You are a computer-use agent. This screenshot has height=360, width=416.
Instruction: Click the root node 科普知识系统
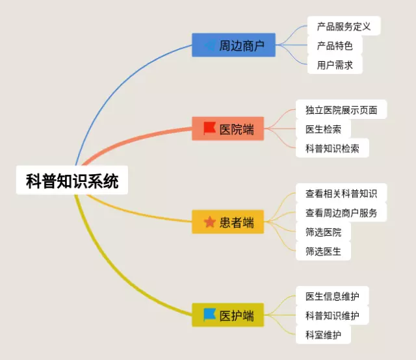(x=72, y=181)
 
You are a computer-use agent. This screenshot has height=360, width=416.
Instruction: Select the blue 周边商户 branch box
(x=233, y=45)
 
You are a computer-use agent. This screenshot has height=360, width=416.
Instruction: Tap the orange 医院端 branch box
(x=228, y=129)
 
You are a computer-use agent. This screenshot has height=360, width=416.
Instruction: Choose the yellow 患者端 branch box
(x=228, y=223)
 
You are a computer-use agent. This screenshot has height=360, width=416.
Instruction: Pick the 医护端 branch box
(x=228, y=316)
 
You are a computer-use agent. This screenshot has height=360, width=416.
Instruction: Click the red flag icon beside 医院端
(x=209, y=128)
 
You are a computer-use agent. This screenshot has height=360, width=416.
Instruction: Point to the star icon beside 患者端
(x=209, y=223)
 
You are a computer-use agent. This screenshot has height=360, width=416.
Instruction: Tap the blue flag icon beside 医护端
(x=209, y=315)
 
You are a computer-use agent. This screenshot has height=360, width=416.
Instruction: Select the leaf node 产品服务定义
(x=343, y=27)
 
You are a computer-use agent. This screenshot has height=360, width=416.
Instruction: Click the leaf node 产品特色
(x=334, y=45)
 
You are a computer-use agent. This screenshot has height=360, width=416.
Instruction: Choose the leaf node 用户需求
(x=334, y=64)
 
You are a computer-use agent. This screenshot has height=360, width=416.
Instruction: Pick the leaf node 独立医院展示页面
(x=341, y=109)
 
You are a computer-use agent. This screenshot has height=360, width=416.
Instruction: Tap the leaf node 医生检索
(x=323, y=129)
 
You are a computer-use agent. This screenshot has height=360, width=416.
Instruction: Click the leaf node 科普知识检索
(x=331, y=148)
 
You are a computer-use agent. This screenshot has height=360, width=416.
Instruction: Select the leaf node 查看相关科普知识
(x=341, y=193)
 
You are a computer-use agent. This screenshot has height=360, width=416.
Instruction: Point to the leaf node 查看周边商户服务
(x=341, y=212)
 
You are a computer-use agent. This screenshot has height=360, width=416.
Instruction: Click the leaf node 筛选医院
(x=323, y=231)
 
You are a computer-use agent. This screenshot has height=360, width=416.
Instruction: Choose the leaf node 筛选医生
(x=323, y=250)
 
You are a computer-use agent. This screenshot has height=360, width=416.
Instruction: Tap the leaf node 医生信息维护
(x=331, y=296)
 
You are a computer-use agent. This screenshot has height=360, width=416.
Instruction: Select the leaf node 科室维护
(x=323, y=335)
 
